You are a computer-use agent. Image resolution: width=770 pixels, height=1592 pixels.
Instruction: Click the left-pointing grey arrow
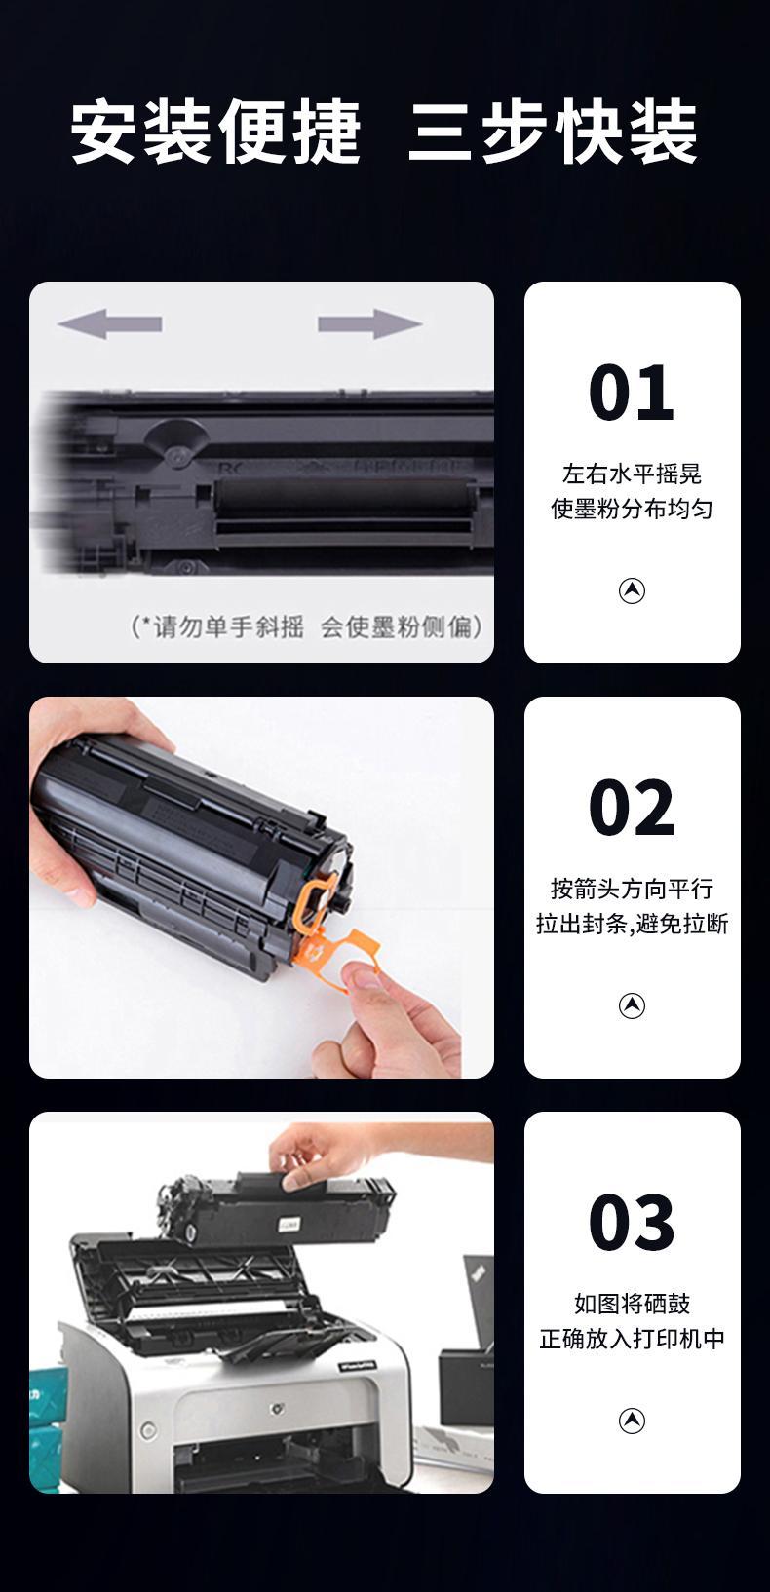tap(109, 324)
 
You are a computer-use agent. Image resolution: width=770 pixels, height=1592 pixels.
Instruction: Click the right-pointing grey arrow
tap(369, 324)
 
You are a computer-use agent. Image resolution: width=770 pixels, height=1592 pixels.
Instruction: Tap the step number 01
tap(632, 392)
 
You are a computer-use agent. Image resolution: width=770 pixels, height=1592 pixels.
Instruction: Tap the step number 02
tap(632, 807)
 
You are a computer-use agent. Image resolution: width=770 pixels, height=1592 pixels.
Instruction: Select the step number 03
tap(632, 1222)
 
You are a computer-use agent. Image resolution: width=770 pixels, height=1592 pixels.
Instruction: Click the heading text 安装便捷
tap(216, 133)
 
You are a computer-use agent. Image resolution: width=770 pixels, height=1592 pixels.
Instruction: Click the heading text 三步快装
tap(554, 133)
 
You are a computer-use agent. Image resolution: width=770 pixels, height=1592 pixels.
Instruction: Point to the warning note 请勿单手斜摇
tap(227, 626)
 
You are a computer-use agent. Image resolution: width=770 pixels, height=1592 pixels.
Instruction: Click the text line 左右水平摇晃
tap(632, 474)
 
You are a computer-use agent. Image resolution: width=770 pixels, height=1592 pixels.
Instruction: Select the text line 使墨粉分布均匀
tap(632, 509)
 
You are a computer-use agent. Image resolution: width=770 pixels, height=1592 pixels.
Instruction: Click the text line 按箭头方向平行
tap(632, 889)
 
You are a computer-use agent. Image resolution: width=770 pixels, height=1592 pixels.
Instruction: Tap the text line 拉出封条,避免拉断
tap(632, 924)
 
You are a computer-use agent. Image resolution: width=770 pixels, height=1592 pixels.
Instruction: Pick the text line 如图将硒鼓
tap(632, 1304)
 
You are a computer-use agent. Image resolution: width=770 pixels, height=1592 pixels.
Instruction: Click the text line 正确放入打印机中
tap(632, 1339)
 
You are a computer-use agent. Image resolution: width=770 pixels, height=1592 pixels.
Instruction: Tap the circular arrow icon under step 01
tap(632, 590)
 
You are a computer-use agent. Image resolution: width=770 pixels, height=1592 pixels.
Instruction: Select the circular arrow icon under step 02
tap(632, 1005)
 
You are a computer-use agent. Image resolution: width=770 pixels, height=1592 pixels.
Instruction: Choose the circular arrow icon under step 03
tap(632, 1421)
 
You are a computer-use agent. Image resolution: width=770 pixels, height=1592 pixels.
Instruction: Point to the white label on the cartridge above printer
tap(289, 1225)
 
